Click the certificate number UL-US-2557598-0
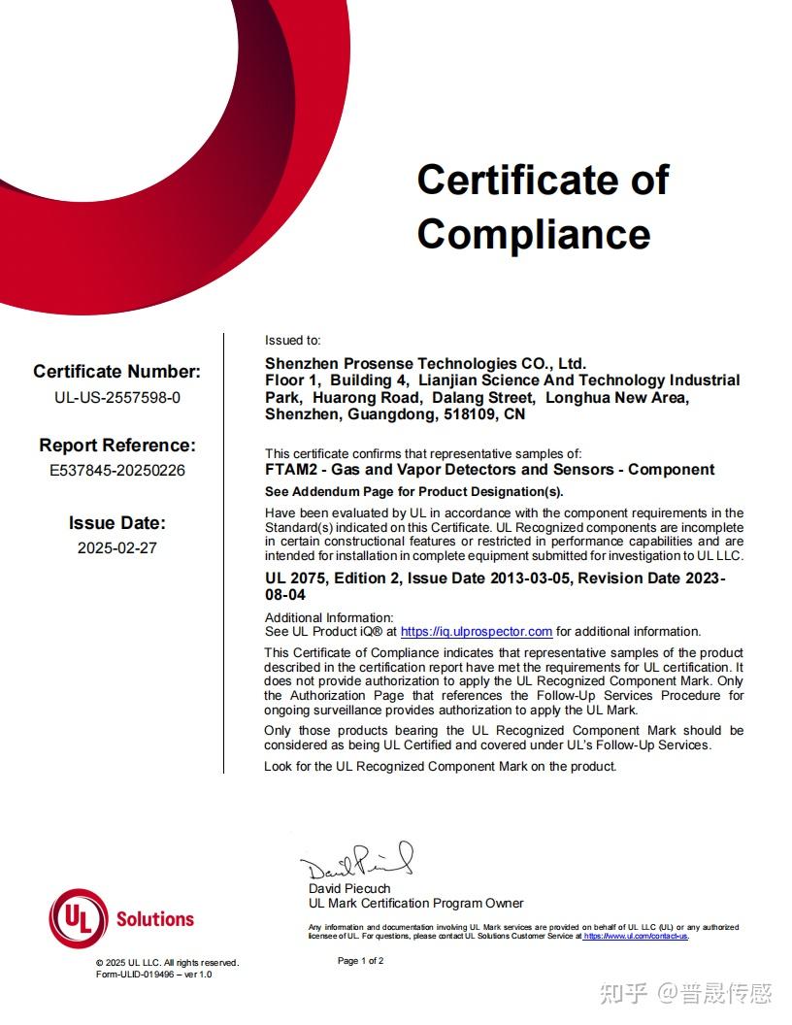[116, 397]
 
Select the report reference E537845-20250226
[116, 471]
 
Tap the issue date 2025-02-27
[116, 547]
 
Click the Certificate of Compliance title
[543, 207]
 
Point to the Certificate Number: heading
[116, 372]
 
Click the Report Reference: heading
[116, 446]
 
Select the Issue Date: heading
[116, 523]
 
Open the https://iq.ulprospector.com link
[477, 632]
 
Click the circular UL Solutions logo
[79, 918]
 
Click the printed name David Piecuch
[349, 889]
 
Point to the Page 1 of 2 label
[361, 961]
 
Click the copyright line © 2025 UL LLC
[166, 963]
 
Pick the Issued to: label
[292, 341]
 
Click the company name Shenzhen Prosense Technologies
[425, 364]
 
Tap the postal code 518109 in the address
[472, 414]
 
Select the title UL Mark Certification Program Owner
[415, 904]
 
